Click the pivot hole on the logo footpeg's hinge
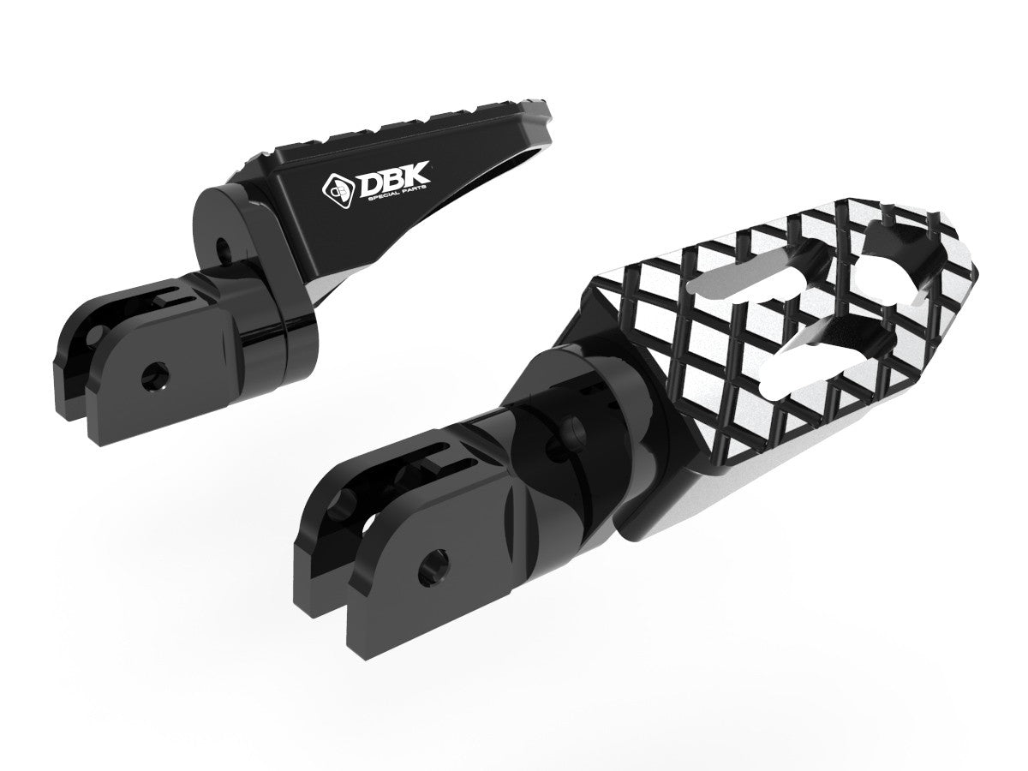click(225, 250)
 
